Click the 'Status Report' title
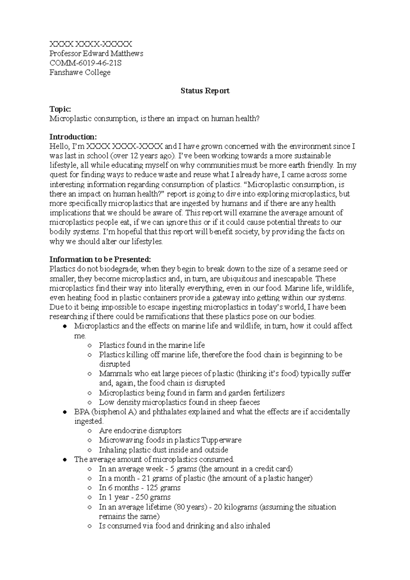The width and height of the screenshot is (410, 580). coord(205,91)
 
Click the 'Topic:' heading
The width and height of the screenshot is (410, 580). coord(60,109)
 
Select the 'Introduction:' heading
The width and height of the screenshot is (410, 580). coord(73,137)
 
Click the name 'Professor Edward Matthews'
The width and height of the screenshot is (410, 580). coord(96,54)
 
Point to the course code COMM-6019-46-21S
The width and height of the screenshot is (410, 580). coord(85,63)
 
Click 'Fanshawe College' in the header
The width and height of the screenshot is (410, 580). coord(80,72)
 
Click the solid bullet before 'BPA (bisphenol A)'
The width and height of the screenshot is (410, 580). coord(65,412)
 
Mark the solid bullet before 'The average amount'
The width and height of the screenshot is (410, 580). coord(65,460)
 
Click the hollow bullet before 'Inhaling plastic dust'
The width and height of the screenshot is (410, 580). coord(90,450)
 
